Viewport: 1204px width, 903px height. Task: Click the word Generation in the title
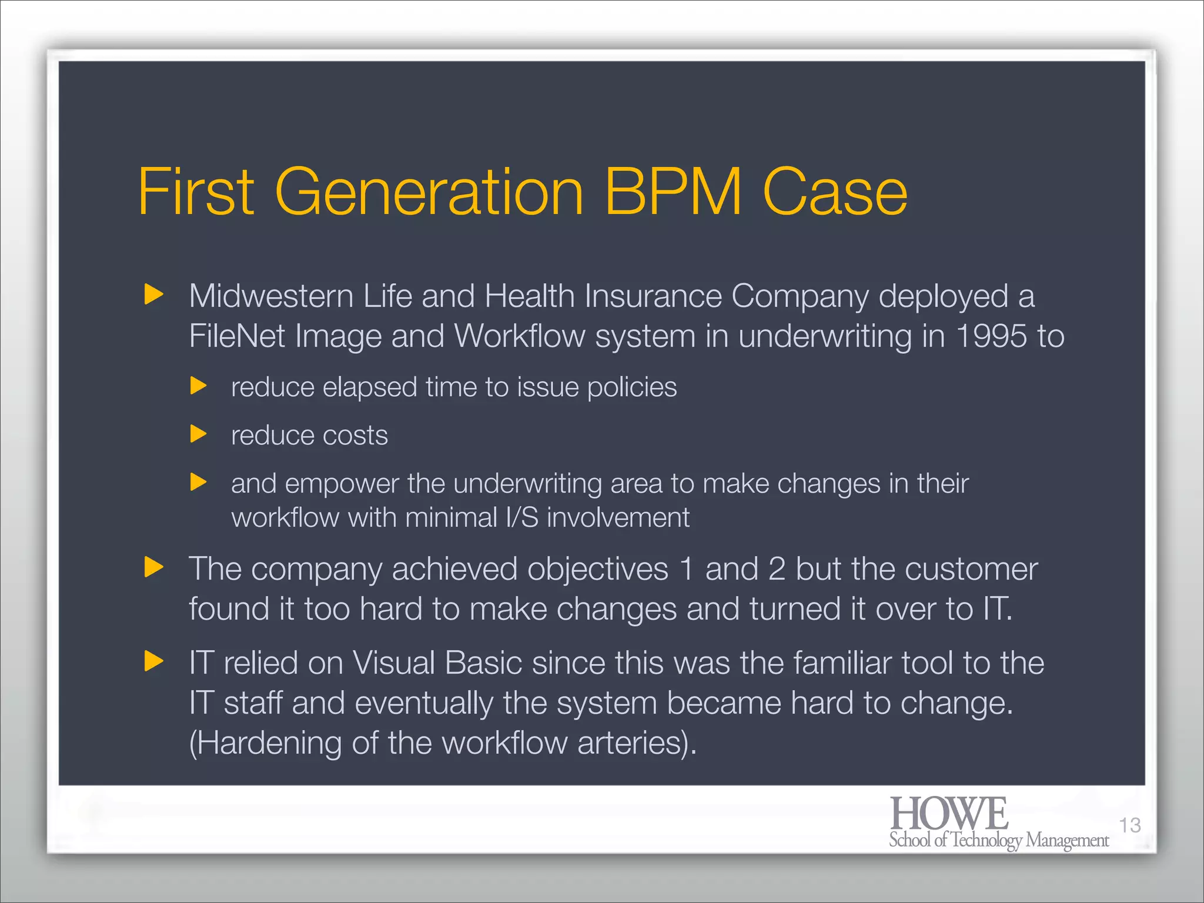tap(429, 192)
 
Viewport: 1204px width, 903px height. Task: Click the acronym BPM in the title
tap(673, 192)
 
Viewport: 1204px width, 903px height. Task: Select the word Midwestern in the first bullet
tap(270, 296)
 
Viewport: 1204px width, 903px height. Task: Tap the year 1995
tap(991, 336)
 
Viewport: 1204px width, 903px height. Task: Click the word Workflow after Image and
tap(520, 336)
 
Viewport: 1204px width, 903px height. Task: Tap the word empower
tap(342, 484)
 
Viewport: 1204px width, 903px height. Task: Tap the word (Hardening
tap(265, 743)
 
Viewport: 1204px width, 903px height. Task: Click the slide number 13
tap(1129, 825)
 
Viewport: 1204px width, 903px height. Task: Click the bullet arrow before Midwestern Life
tap(153, 294)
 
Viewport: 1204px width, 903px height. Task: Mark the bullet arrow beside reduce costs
tap(199, 434)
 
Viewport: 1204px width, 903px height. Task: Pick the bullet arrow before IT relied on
tap(153, 661)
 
